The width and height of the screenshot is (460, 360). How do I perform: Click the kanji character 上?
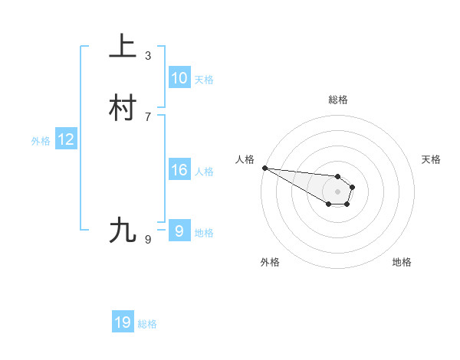click(123, 47)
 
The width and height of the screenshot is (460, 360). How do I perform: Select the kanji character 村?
click(123, 109)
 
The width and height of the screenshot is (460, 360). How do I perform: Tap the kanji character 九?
click(123, 231)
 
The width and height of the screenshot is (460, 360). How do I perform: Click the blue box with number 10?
click(179, 78)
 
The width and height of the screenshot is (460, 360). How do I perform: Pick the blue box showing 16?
click(179, 170)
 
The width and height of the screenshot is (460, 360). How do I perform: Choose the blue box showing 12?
click(66, 139)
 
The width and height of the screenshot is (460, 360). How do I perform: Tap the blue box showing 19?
click(123, 322)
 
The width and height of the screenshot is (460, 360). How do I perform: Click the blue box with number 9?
click(179, 231)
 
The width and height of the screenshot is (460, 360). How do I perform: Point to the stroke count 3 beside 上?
click(148, 55)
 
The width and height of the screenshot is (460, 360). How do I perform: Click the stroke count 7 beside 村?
click(148, 116)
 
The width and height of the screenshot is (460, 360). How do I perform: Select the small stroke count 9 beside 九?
click(148, 240)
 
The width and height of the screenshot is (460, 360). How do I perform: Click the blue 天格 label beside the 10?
click(204, 80)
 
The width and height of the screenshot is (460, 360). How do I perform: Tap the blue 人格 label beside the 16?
click(204, 172)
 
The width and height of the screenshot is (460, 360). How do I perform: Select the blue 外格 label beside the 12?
click(41, 141)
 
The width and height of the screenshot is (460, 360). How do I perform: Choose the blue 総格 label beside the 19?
click(147, 324)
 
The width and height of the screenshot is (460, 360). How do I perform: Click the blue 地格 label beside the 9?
click(204, 233)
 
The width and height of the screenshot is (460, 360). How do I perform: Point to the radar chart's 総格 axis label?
click(337, 100)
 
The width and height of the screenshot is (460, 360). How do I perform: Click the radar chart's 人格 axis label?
click(245, 159)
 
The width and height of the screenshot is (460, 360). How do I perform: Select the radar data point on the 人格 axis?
click(264, 168)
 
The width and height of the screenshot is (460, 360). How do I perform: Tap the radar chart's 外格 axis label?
click(270, 262)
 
